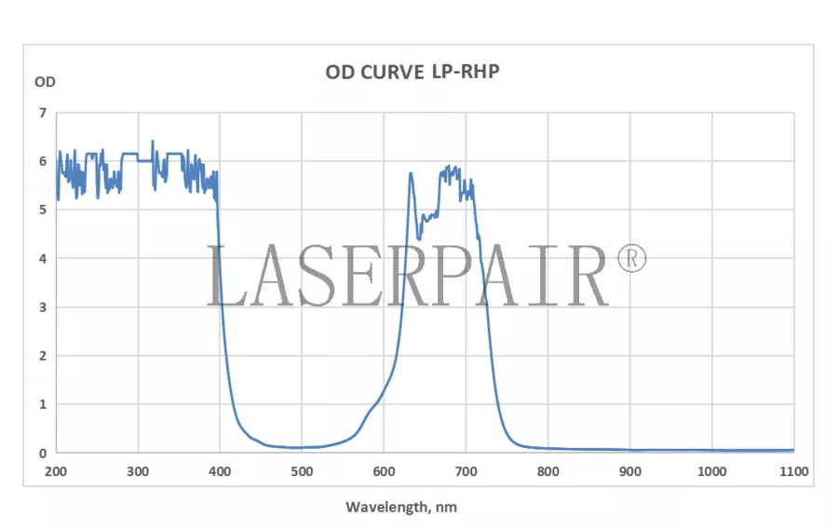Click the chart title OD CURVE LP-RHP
(x=412, y=72)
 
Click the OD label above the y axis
(x=45, y=81)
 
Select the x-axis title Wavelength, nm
(x=401, y=507)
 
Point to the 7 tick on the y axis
(x=42, y=113)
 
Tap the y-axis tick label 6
(x=42, y=161)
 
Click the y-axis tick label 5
(x=42, y=210)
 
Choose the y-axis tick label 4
(x=42, y=258)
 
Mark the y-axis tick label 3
(x=42, y=306)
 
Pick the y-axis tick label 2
(x=42, y=356)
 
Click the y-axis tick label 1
(x=42, y=404)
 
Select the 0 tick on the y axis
(x=42, y=453)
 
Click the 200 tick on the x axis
(x=56, y=471)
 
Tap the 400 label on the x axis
(x=220, y=471)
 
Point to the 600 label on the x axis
(x=384, y=471)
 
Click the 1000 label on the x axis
(x=711, y=471)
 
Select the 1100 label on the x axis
(x=793, y=471)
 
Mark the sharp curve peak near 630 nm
(x=410, y=173)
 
